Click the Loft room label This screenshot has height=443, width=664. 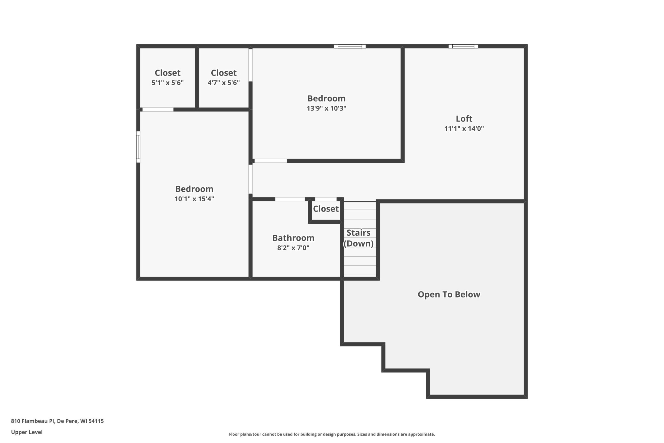coord(464,119)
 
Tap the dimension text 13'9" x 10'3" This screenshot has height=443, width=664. coord(326,108)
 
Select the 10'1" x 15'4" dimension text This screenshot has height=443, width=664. coord(194,199)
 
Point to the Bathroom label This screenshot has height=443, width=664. coord(293,238)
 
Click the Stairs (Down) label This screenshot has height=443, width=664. coord(358,238)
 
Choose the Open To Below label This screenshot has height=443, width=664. coord(449,294)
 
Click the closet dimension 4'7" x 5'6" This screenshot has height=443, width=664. coord(224,83)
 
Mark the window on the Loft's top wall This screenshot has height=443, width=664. coord(463,46)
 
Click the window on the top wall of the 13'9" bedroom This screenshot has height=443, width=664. coord(350,46)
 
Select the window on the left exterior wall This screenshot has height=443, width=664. coord(138,147)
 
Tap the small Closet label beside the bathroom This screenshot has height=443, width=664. coord(326,209)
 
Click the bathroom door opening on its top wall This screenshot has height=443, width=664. coord(290,199)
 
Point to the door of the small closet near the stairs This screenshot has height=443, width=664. coord(326,199)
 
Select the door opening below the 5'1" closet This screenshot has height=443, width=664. coord(158,110)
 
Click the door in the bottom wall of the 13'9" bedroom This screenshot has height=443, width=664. coord(271,161)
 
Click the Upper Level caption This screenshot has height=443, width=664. coord(27,432)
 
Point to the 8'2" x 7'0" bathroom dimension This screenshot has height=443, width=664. coord(293,248)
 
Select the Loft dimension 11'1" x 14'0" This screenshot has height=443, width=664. coord(464,128)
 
